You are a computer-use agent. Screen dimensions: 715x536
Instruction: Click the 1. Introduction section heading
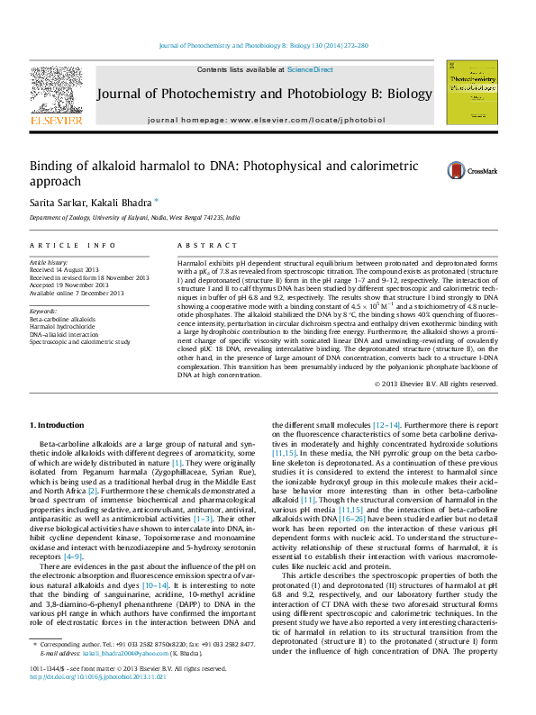pos(57,424)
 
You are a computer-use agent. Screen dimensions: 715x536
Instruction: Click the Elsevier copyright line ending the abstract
pos(436,384)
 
